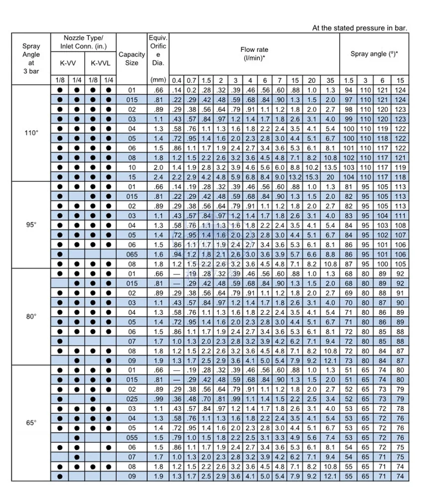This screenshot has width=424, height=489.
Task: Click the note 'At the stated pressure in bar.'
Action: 360,28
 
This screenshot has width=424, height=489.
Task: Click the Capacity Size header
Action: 132,59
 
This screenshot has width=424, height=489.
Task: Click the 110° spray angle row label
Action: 31,133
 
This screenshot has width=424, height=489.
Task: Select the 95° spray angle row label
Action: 31,225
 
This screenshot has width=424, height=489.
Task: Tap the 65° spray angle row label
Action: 31,423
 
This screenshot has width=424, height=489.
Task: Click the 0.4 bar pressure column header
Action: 177,80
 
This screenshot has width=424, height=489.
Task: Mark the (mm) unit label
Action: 158,80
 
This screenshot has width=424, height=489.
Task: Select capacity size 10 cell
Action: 132,167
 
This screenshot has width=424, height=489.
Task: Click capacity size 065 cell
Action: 132,254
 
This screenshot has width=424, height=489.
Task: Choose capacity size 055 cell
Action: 132,438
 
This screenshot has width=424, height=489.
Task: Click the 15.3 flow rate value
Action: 312,177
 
